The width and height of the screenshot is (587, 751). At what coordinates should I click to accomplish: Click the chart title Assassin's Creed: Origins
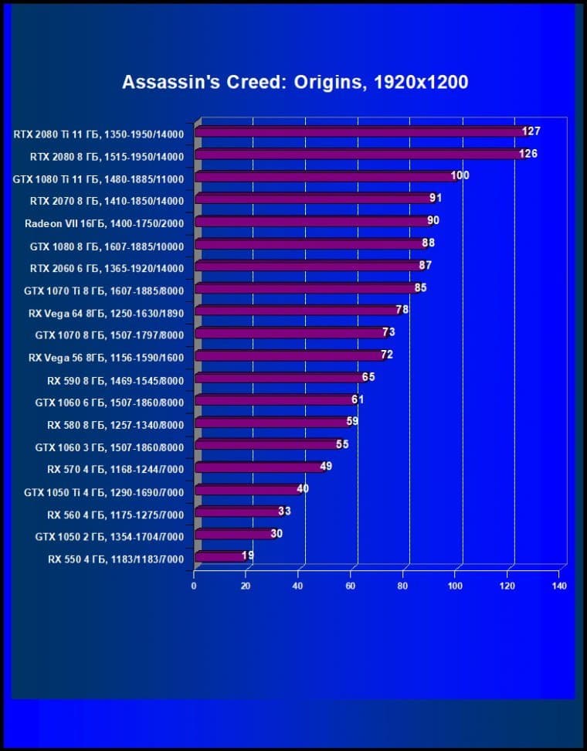[x=295, y=82]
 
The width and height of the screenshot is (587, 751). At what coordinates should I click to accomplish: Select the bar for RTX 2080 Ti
[x=359, y=132]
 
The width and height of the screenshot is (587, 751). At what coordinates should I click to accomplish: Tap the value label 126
[x=528, y=154]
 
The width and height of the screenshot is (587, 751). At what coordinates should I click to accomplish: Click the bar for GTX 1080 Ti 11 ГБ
[x=324, y=176]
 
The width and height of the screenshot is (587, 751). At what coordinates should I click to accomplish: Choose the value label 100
[x=460, y=175]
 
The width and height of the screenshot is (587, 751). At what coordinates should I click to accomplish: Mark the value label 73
[x=389, y=332]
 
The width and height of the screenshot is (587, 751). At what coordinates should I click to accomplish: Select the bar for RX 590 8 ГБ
[x=278, y=377]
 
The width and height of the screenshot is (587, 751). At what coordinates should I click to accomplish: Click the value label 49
[x=325, y=466]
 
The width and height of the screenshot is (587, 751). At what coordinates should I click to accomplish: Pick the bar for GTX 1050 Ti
[x=247, y=489]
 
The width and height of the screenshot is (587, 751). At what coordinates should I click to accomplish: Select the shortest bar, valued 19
[x=219, y=556]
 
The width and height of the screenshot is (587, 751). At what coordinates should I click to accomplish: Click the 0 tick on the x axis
[x=195, y=586]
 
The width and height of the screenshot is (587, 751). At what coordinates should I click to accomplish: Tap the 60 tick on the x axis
[x=351, y=586]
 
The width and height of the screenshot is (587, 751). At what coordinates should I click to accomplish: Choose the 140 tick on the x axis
[x=560, y=586]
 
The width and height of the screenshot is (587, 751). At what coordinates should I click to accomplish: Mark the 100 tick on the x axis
[x=456, y=586]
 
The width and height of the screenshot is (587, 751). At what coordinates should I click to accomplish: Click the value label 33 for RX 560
[x=283, y=511]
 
